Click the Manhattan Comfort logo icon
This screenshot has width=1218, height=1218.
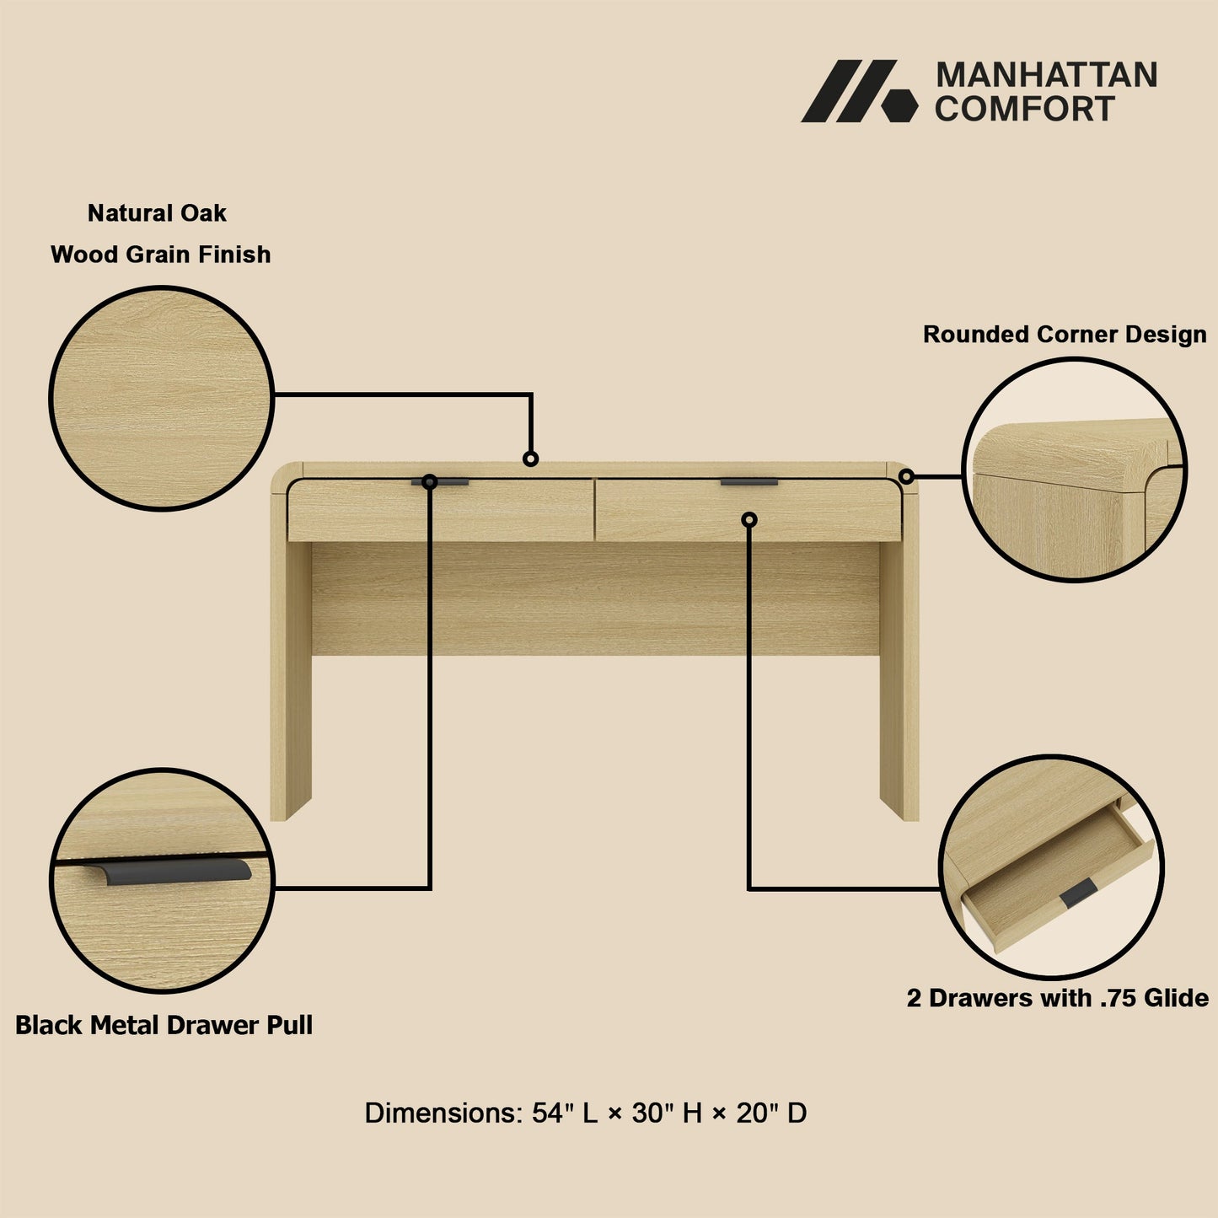(858, 91)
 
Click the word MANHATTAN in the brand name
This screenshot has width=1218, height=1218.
(1046, 75)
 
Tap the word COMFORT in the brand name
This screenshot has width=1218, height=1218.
(1024, 110)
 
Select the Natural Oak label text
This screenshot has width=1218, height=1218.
(157, 213)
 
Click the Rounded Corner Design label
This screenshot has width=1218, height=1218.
(1065, 335)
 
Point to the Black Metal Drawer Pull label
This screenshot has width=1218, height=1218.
(164, 1025)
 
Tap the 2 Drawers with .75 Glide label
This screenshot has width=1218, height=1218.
(1057, 998)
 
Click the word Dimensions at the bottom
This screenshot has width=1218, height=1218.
(442, 1113)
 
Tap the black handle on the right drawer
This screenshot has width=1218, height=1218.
(749, 483)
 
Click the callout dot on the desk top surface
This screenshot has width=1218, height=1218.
(530, 459)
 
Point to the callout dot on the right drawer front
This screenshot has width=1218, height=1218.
(749, 519)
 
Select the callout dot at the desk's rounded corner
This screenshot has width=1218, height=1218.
(906, 476)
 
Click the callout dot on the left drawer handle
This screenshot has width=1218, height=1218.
(429, 482)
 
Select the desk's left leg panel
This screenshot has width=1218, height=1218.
(290, 674)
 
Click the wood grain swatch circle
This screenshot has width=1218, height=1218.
(161, 398)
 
